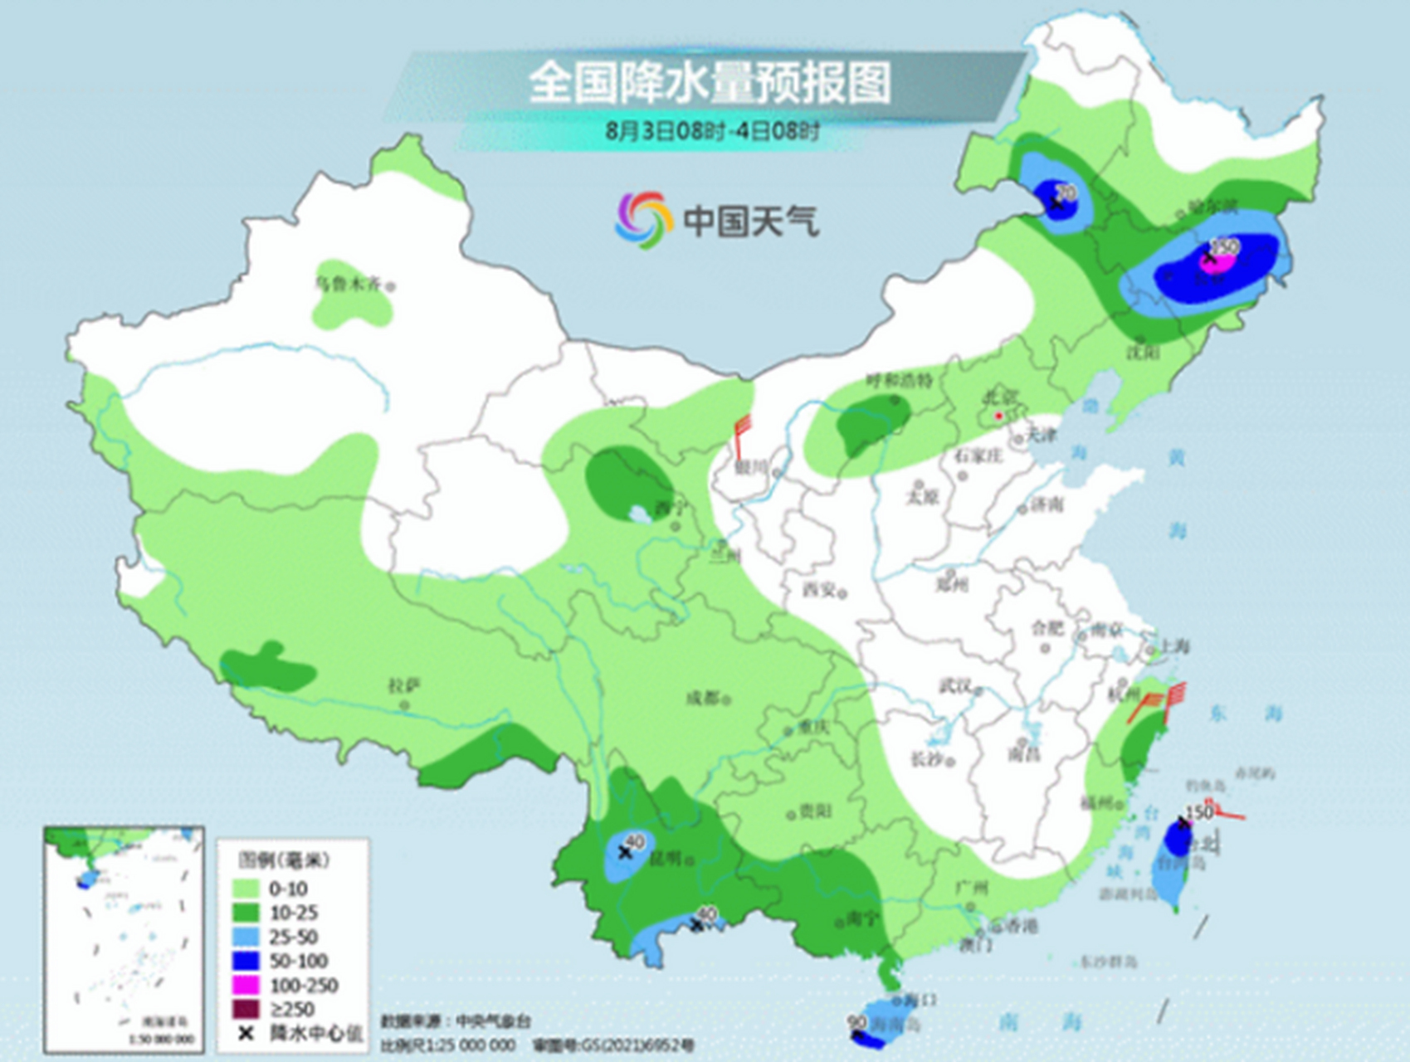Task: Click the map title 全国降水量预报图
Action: coord(710,83)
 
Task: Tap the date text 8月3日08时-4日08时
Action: coord(712,131)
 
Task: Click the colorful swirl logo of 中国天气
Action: coord(642,220)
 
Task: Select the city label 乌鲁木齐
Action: coord(348,284)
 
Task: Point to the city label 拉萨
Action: coord(404,686)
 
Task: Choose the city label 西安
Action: coord(819,590)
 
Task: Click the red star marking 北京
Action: coord(999,415)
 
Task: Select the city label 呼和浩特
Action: coord(899,381)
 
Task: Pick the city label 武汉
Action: coord(955,686)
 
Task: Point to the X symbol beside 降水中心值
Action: coord(246,1034)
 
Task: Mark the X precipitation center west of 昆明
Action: coord(625,852)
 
